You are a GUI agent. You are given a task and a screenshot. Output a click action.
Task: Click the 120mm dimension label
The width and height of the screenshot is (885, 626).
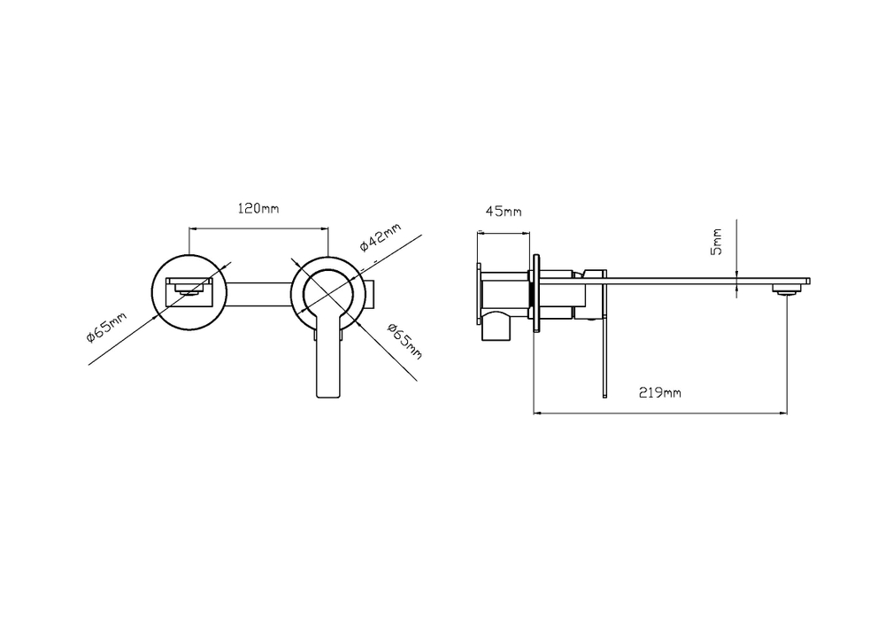(258, 208)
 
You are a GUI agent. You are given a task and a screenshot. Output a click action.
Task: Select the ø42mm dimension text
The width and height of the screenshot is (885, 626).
(381, 236)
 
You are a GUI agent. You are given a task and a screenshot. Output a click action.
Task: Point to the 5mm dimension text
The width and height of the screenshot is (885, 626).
(716, 242)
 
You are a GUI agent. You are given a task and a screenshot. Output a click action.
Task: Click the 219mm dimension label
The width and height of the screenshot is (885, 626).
(659, 392)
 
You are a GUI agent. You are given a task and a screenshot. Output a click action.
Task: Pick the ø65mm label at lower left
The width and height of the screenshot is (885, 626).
(107, 327)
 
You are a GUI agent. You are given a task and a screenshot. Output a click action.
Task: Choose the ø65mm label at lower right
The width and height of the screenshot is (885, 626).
(404, 340)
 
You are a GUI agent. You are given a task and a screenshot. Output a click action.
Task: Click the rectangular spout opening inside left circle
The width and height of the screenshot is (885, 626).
(189, 292)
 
